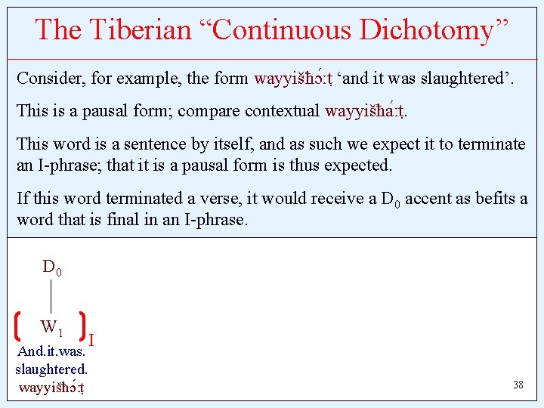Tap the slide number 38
click(x=518, y=385)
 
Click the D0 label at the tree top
click(x=51, y=267)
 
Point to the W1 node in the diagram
click(x=51, y=328)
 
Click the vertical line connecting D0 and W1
click(x=51, y=296)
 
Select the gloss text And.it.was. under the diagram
click(x=51, y=351)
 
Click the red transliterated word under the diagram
click(x=51, y=388)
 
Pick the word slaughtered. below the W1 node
click(x=51, y=369)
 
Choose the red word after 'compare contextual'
click(x=366, y=111)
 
